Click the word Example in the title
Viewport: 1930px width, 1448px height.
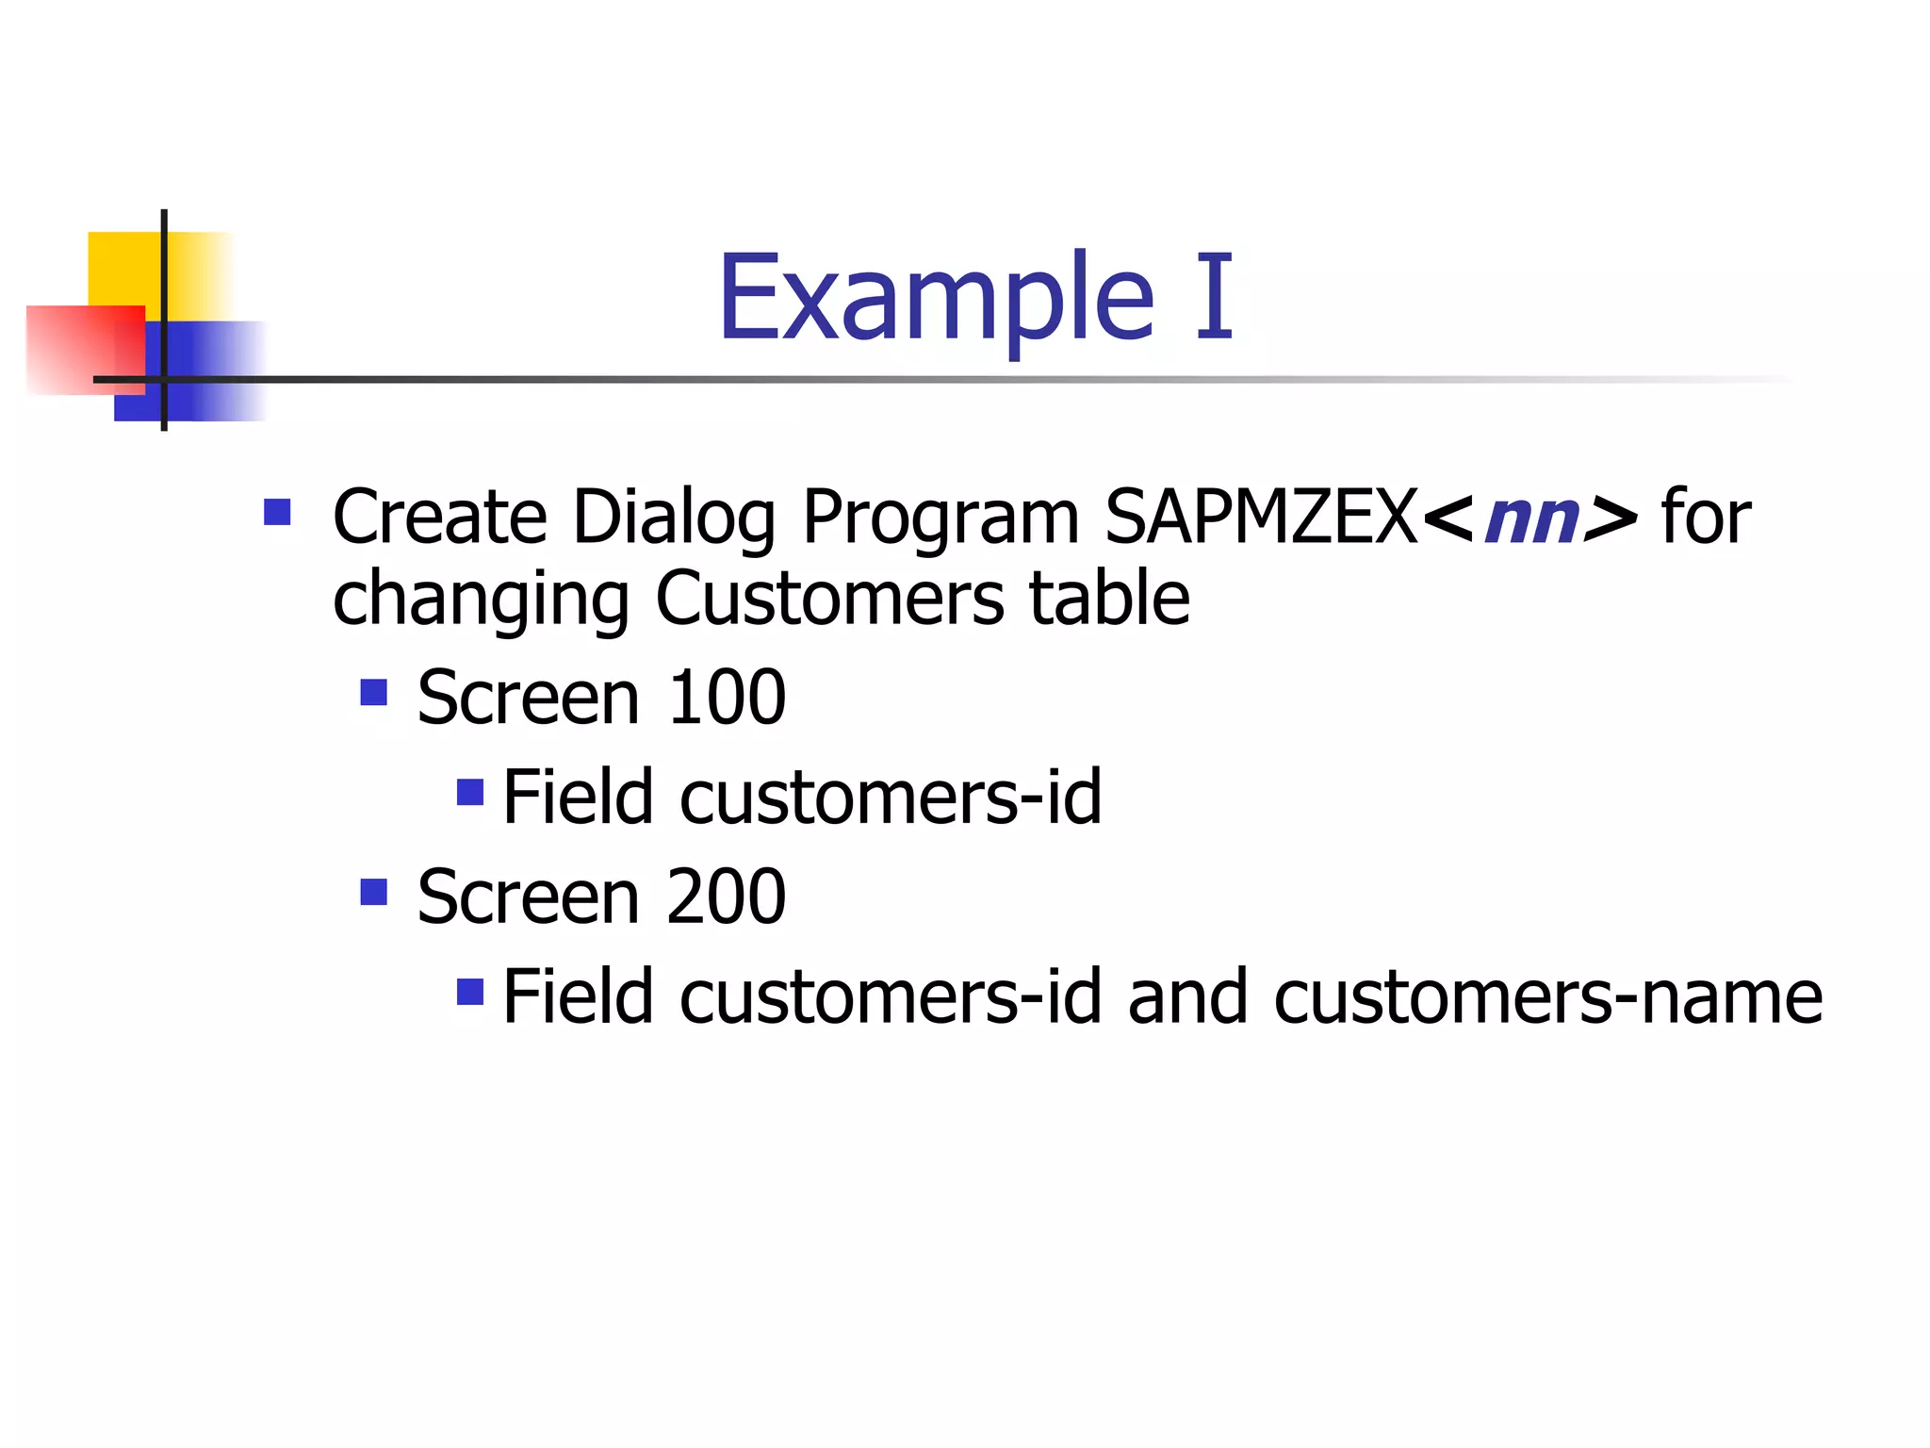point(935,300)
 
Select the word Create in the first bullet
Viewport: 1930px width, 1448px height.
point(439,518)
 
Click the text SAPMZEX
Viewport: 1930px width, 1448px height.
point(1261,518)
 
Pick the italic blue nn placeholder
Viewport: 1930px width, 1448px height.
point(1530,519)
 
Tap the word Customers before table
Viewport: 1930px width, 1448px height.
point(829,600)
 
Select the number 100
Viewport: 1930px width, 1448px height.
point(726,699)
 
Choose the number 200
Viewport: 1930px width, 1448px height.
point(726,897)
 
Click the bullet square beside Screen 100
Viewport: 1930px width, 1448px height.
point(374,694)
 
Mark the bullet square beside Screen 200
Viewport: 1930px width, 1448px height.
point(374,892)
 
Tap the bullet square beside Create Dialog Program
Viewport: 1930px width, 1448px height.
point(277,513)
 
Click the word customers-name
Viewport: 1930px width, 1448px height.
point(1547,997)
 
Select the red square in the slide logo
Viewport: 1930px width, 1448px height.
point(75,349)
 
